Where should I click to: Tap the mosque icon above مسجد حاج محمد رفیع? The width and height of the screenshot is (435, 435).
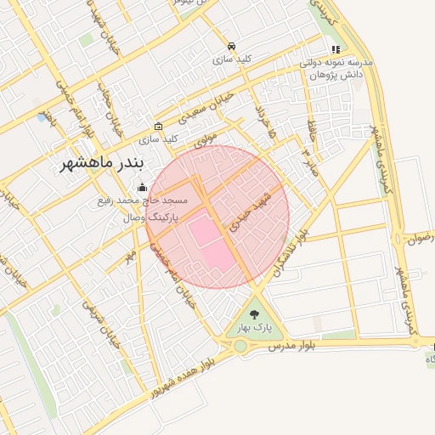141,188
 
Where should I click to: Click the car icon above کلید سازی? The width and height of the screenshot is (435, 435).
232,47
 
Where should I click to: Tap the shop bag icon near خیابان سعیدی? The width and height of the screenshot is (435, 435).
159,126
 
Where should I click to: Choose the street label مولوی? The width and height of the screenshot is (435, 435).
206,138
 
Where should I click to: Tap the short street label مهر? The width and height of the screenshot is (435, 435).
131,255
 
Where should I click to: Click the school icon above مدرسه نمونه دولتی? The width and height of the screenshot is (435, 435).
336,50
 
